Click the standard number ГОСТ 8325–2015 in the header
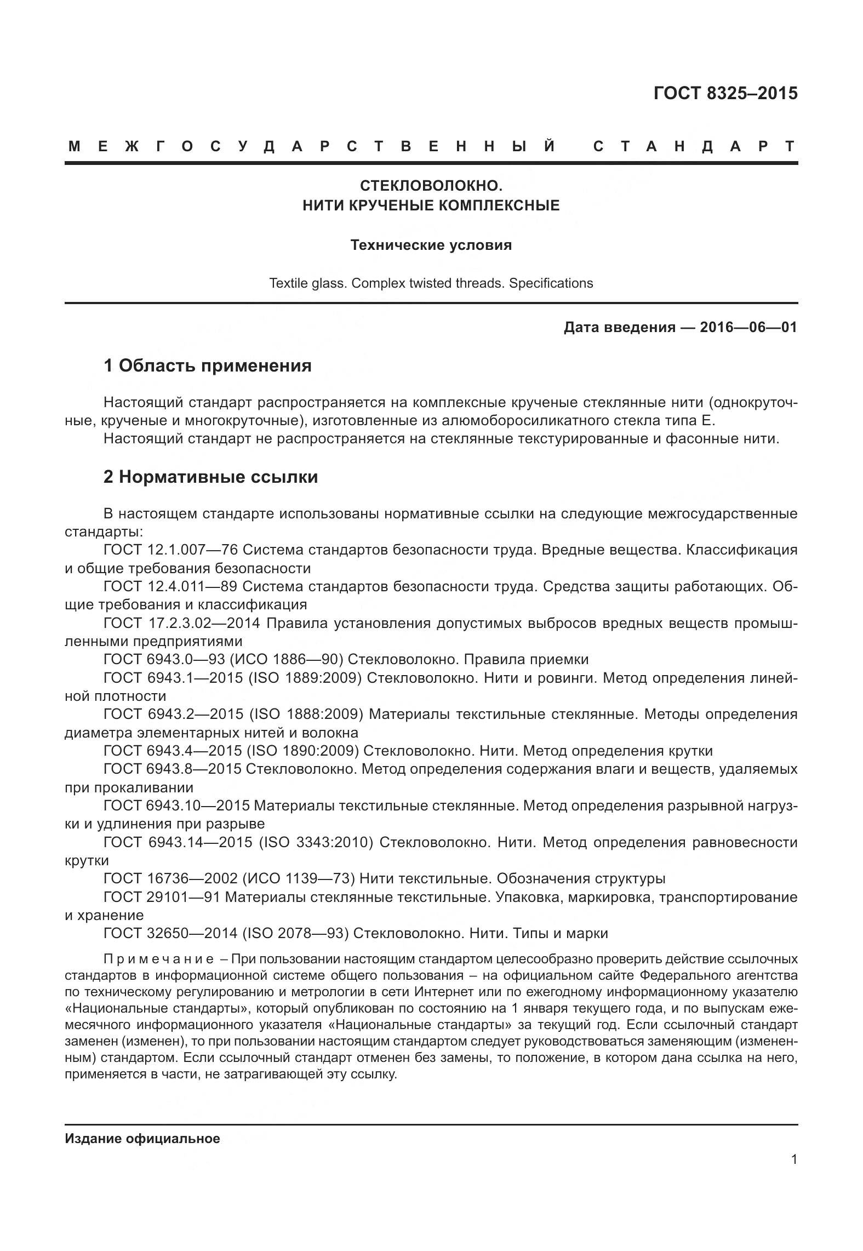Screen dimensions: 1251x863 coord(725,94)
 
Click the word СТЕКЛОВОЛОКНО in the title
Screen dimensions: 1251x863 coord(431,186)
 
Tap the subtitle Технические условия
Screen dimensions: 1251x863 coord(431,245)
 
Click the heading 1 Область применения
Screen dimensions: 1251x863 coord(208,365)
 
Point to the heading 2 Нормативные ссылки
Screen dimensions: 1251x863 coord(210,477)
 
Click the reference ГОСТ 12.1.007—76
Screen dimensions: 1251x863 coord(170,550)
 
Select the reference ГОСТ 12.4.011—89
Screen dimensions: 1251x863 coord(170,586)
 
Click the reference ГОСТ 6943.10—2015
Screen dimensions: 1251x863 coord(176,806)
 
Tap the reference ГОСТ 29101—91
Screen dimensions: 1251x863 coord(162,897)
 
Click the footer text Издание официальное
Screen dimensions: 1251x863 coord(142,1139)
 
